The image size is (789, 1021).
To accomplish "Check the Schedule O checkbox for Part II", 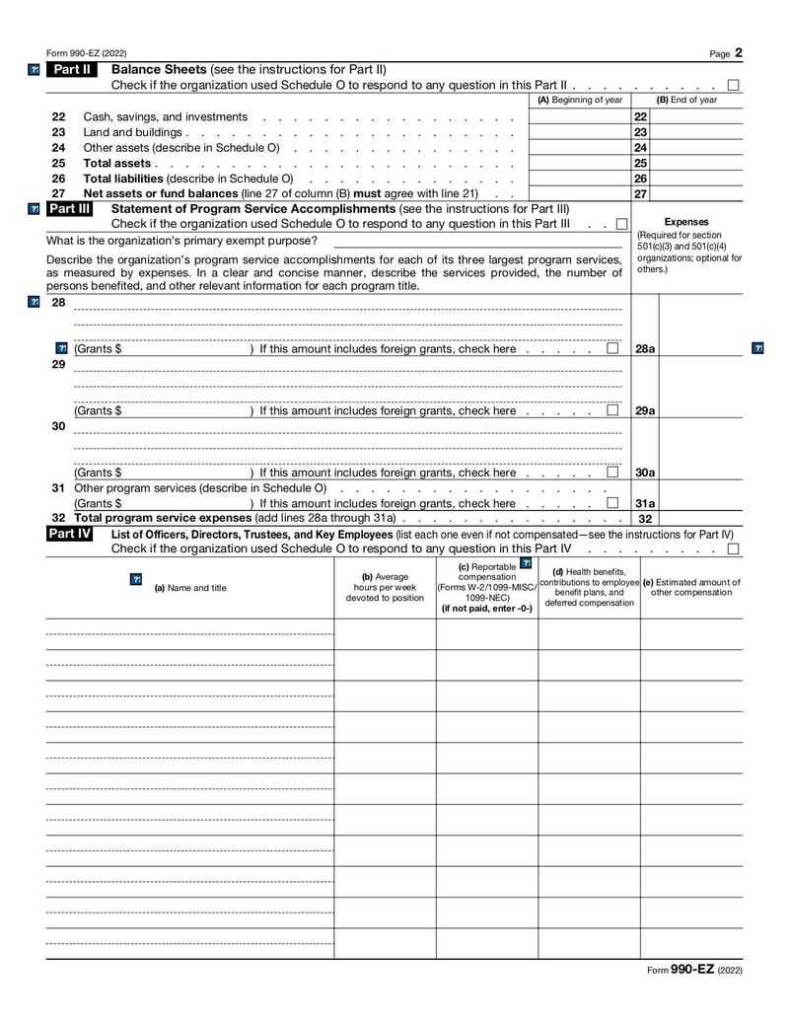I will coord(733,85).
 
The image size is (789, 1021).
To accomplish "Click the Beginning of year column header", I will coord(580,100).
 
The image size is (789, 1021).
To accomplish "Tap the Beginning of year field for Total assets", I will coord(580,163).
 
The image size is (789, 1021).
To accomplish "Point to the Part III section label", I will coord(70,209).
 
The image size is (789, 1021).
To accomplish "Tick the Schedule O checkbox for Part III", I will coord(621,224).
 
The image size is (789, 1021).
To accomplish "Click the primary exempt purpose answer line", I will coord(477,241).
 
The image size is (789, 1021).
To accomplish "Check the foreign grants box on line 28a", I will coord(612,349).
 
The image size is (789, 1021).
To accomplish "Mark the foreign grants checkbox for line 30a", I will coord(612,473).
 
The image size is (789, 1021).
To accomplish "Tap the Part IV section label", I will coord(70,534).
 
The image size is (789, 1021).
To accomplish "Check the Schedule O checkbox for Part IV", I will coord(733,548).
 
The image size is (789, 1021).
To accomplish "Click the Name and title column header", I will coord(190,588).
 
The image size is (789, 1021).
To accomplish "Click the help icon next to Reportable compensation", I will coord(526,563).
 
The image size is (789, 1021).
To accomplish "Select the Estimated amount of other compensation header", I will coord(691,587).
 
